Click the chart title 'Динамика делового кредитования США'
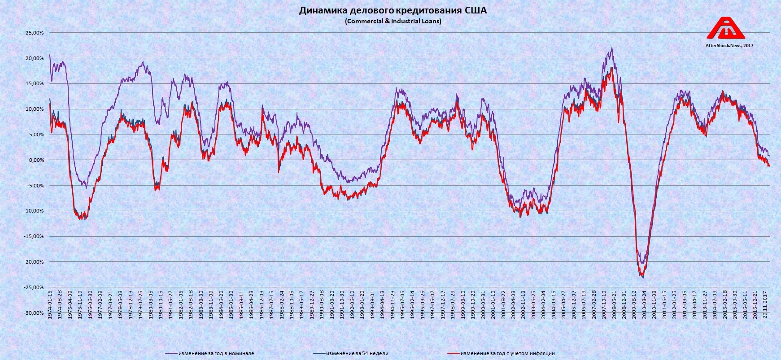tap(393, 11)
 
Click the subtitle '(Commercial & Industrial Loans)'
tap(393, 21)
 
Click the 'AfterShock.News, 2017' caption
tap(730, 45)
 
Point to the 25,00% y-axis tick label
tap(35, 33)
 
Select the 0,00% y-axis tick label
tap(36, 160)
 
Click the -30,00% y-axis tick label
tap(34, 313)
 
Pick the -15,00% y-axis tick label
tap(34, 236)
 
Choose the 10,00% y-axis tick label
tap(35, 109)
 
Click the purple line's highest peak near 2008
tap(611, 48)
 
